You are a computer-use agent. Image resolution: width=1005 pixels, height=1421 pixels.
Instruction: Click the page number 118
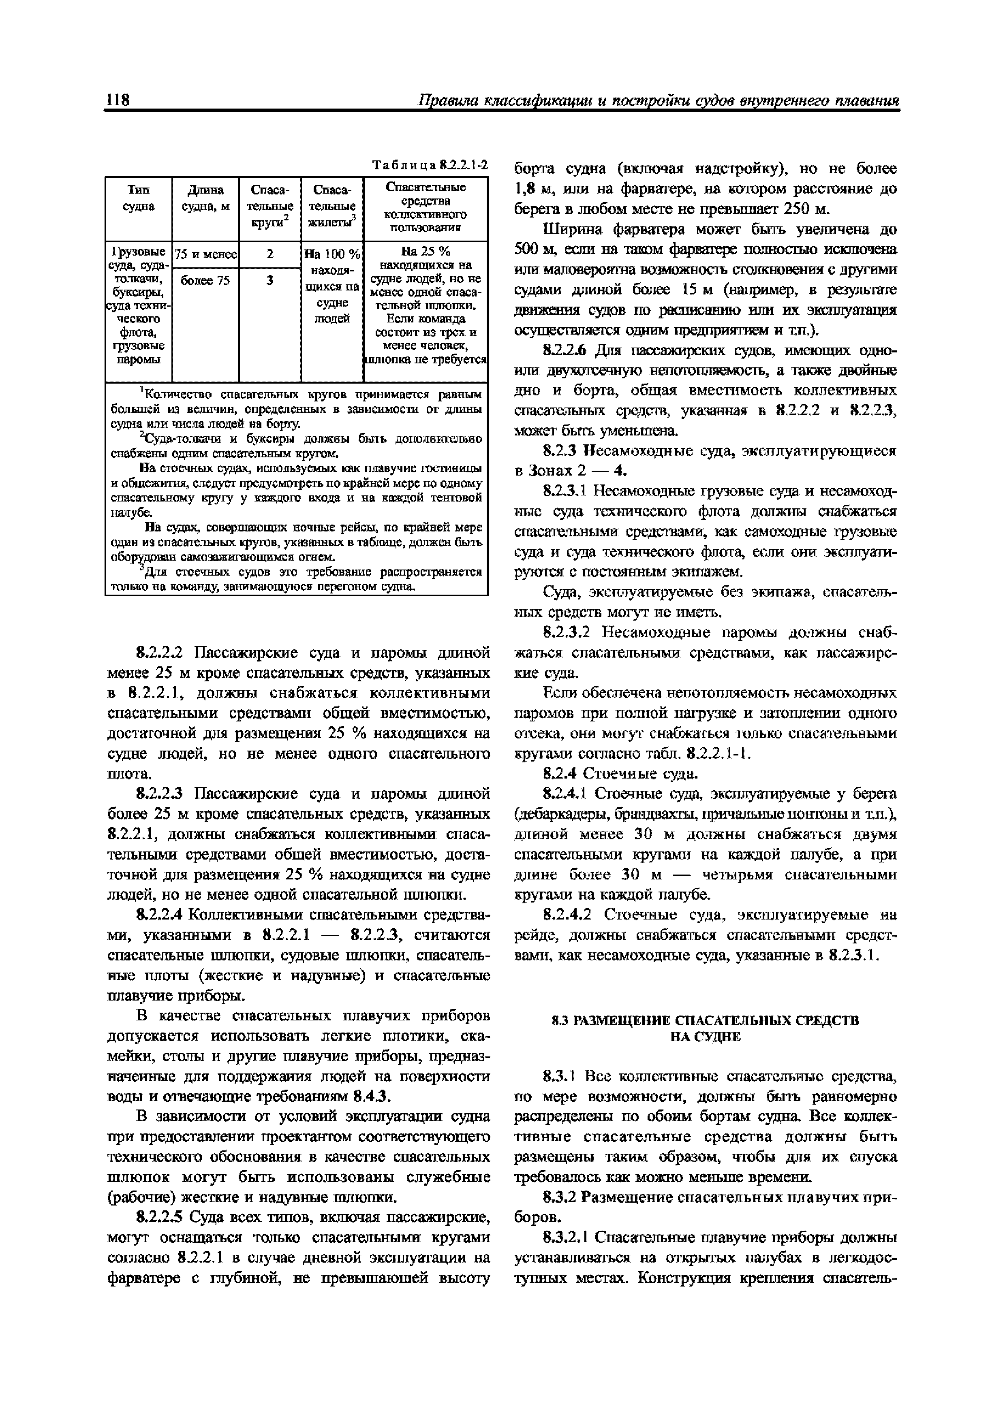118,100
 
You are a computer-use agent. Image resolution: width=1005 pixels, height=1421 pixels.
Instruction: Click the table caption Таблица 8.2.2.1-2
429,165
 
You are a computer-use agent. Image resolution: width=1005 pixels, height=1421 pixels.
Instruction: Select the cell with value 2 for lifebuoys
269,254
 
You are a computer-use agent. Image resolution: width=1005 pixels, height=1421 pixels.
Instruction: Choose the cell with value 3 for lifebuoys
269,280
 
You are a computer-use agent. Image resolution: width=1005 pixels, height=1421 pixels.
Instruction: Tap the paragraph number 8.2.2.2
162,653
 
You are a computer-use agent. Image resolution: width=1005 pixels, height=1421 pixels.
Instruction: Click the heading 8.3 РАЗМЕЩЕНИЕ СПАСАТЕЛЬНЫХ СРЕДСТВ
705,1020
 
